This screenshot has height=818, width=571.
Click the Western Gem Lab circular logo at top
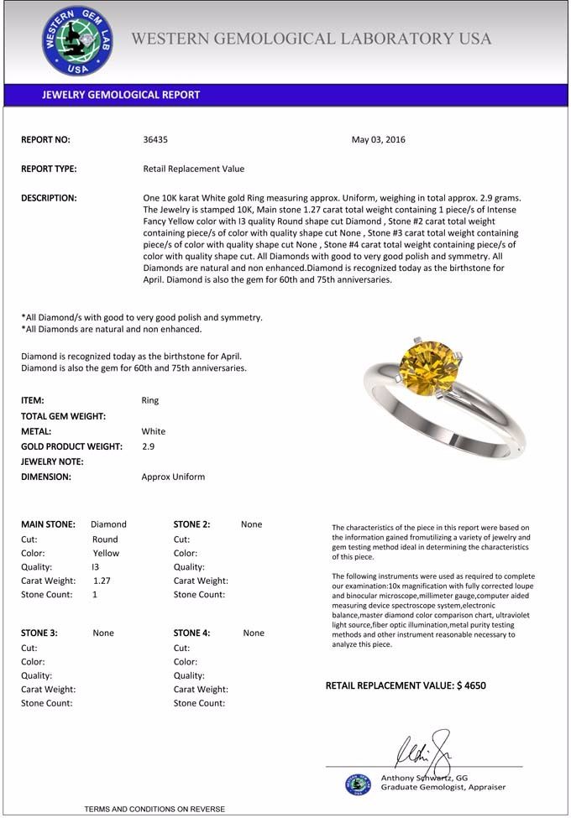click(x=77, y=40)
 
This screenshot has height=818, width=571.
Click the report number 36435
click(x=156, y=140)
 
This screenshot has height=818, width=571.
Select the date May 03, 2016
click(x=378, y=140)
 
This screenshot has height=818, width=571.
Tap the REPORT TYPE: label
click(x=49, y=169)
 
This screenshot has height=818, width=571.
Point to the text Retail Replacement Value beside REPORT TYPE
click(x=194, y=169)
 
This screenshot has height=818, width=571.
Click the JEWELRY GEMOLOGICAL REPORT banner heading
click(x=121, y=95)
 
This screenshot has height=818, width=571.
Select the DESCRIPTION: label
click(x=49, y=198)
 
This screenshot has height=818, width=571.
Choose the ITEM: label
click(x=33, y=401)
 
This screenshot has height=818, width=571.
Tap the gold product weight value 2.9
click(x=148, y=446)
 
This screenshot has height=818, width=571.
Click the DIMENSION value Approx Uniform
click(x=173, y=477)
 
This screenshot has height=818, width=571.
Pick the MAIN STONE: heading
click(x=48, y=524)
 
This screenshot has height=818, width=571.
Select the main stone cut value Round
click(x=105, y=539)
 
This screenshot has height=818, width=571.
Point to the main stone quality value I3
click(x=95, y=567)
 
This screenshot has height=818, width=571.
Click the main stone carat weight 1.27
click(x=102, y=581)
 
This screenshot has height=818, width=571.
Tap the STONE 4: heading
click(x=191, y=633)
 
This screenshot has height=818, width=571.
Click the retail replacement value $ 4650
click(x=470, y=685)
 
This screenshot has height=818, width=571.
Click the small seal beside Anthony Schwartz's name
click(x=358, y=784)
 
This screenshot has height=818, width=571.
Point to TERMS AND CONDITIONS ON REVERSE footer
click(x=155, y=809)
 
